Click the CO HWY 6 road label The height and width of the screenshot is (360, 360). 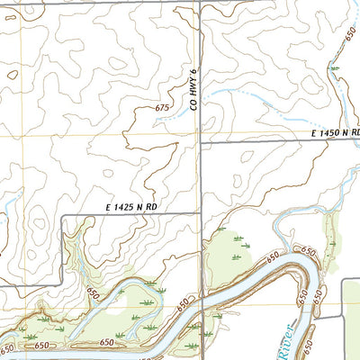193,93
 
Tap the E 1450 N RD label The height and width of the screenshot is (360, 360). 335,133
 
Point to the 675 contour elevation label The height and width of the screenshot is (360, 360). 162,108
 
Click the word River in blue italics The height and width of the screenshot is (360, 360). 286,341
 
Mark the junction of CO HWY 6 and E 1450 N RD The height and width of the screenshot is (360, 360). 200,141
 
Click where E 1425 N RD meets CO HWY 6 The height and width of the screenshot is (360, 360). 200,214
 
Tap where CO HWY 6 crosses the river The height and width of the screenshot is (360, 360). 201,311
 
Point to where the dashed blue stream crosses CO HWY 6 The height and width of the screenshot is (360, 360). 200,89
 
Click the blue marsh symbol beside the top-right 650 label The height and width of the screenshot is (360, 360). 335,67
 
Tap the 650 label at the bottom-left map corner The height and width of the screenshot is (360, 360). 8,347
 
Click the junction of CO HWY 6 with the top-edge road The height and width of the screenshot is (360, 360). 200,3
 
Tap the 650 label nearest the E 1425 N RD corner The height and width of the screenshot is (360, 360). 93,294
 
